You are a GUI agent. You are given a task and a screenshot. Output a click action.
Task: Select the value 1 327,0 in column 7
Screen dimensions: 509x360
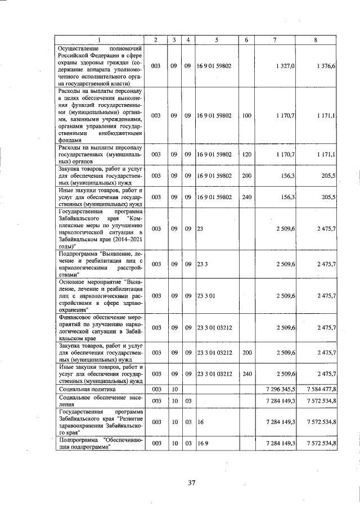click(x=286, y=66)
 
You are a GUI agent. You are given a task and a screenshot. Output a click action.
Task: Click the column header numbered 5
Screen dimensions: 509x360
click(x=217, y=39)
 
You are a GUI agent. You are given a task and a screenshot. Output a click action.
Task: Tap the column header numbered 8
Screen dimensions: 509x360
click(x=316, y=39)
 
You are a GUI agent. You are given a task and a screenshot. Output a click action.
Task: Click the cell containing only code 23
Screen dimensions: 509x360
click(x=200, y=229)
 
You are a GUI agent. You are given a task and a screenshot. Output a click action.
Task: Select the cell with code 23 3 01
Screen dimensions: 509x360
click(x=206, y=295)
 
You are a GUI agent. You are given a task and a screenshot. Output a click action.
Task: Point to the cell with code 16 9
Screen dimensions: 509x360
click(x=202, y=443)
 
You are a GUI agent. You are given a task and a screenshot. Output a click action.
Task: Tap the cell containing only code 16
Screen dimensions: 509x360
click(x=200, y=421)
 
